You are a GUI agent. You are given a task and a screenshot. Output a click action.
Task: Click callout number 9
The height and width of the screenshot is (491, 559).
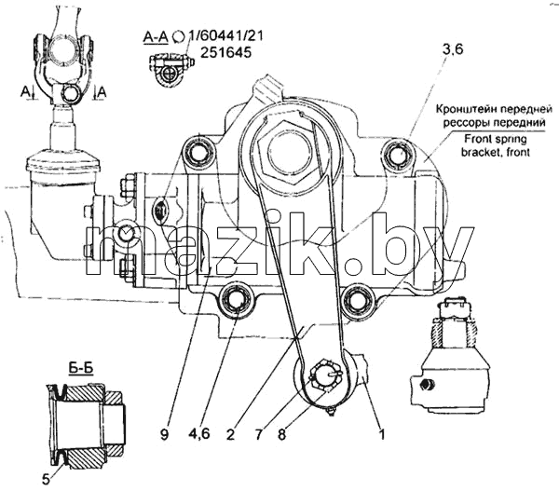164,435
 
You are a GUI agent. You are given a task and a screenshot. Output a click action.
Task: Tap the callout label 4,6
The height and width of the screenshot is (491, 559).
198,435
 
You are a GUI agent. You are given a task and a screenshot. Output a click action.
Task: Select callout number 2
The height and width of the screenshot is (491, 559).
231,435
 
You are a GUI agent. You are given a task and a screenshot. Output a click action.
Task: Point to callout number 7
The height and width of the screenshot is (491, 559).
258,435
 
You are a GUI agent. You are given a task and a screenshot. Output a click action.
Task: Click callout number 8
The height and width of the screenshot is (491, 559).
281,435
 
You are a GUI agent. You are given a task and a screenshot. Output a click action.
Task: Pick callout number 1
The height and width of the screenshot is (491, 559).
382,435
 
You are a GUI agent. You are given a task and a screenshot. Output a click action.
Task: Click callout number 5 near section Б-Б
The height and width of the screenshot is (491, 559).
47,480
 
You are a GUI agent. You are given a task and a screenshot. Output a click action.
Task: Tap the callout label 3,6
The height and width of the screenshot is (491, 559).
453,49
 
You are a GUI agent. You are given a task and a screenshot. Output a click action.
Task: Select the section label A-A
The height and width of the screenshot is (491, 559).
156,36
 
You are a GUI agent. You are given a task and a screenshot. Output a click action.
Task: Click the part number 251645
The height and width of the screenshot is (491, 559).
225,52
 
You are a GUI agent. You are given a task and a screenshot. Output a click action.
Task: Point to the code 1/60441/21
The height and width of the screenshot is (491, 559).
226,36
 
